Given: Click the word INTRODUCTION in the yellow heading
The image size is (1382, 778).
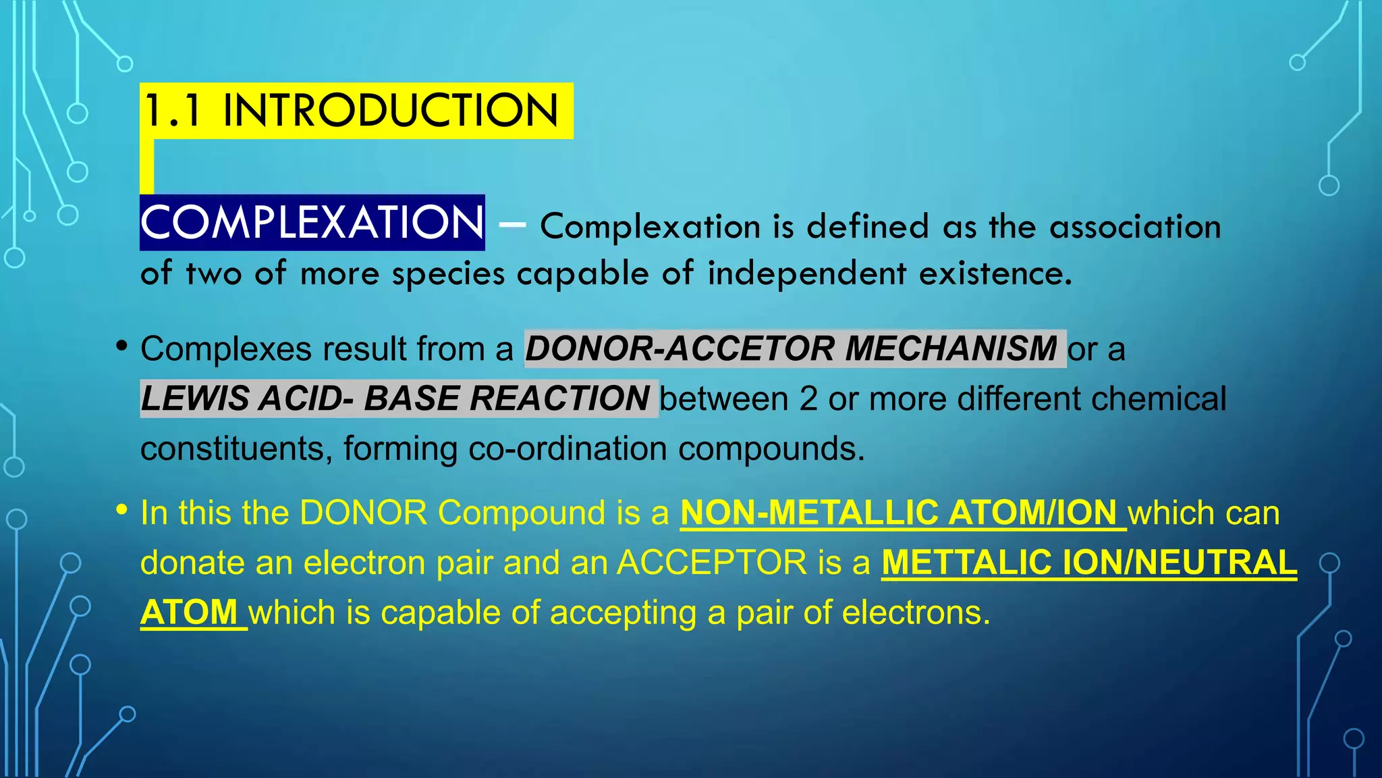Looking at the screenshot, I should [390, 111].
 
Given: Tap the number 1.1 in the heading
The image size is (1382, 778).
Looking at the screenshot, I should [173, 111].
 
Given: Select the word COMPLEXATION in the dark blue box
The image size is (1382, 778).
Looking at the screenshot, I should [312, 222].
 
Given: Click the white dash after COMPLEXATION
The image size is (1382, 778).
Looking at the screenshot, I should [512, 225].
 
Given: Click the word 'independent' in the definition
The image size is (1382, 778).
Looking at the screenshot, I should [806, 274].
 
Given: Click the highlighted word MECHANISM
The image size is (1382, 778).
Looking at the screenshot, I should [951, 349].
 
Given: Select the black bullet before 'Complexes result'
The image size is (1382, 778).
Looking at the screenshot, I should [121, 346].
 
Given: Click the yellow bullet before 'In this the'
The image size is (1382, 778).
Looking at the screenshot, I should [121, 510].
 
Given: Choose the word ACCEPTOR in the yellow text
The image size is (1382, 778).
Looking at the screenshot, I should [712, 563].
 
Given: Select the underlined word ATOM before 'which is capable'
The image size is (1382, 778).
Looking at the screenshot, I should [189, 613].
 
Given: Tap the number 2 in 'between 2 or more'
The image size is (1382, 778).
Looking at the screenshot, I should [808, 399].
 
